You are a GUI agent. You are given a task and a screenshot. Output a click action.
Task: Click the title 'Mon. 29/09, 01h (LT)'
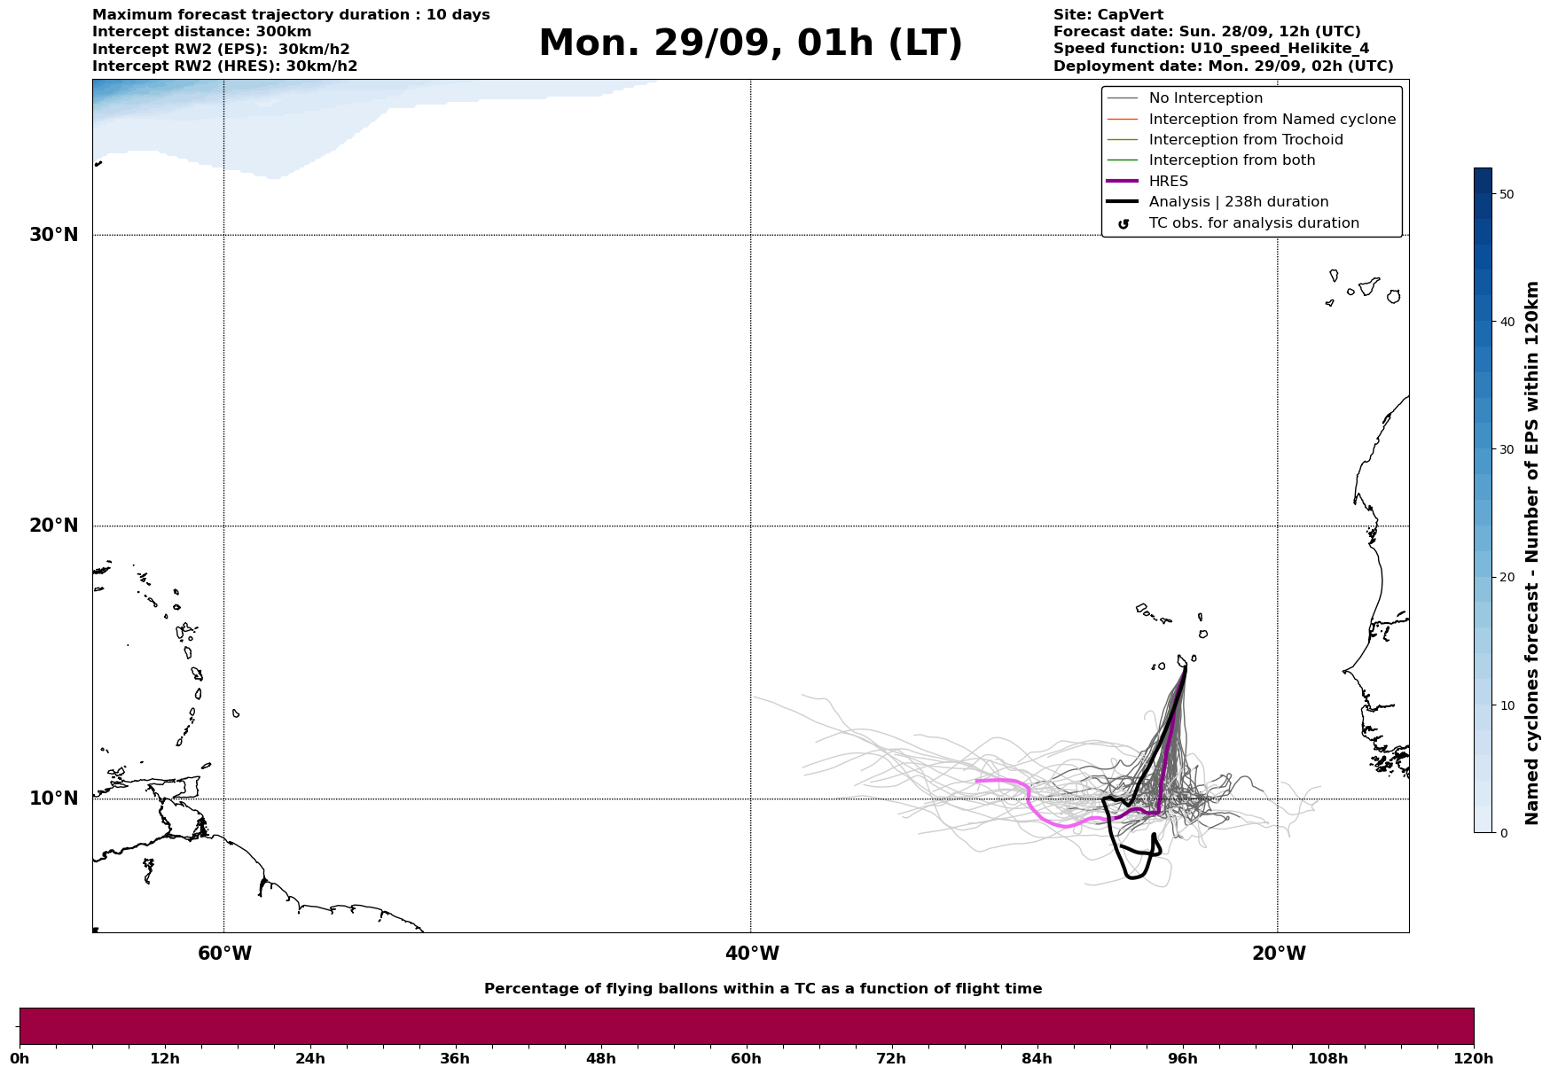point(750,43)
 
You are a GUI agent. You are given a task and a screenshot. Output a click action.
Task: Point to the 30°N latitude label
point(54,235)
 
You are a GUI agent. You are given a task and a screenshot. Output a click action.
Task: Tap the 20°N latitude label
point(54,526)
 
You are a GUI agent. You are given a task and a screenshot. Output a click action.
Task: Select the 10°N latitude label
point(54,798)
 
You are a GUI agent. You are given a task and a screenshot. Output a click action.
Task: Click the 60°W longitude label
point(224,954)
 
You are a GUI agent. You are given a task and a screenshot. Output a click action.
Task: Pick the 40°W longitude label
point(752,954)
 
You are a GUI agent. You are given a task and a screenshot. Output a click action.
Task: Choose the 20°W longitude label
point(1279,954)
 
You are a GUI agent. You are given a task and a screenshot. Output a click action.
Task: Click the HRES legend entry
point(1168,182)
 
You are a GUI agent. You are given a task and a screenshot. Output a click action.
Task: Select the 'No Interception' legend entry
point(1205,98)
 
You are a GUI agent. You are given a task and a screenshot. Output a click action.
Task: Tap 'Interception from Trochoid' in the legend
point(1245,140)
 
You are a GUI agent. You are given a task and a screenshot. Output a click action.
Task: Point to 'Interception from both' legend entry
point(1232,160)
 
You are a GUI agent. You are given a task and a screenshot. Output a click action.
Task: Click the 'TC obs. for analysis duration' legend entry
point(1253,223)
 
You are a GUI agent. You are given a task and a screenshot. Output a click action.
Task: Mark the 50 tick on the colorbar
point(1506,194)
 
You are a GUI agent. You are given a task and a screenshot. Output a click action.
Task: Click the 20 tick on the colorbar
point(1506,577)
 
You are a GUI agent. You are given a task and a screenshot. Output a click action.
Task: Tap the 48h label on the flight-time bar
point(600,1059)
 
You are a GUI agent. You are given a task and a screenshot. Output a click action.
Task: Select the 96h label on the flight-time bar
point(1182,1059)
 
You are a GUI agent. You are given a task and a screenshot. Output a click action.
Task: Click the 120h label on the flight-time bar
point(1474,1059)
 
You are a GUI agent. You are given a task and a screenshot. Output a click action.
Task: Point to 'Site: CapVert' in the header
point(1108,15)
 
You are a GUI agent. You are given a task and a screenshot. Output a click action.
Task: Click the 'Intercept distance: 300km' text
point(201,32)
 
